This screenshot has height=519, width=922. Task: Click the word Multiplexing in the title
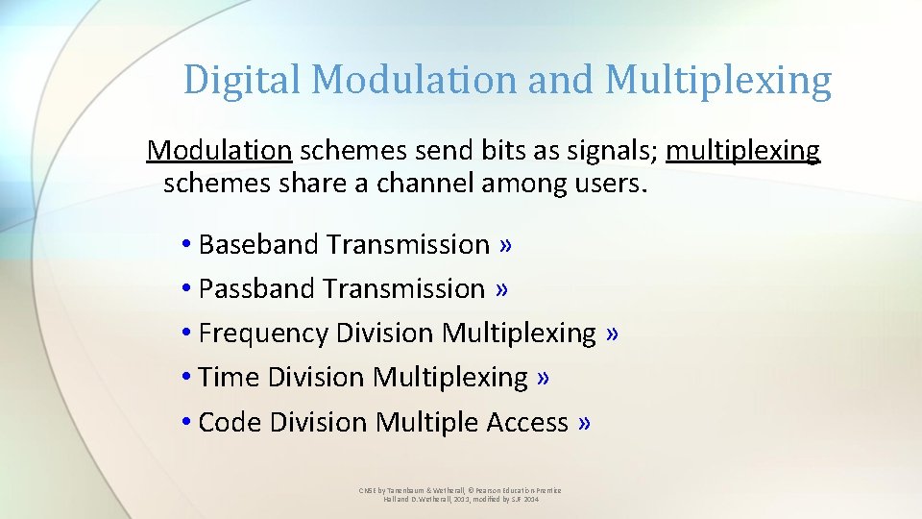[x=717, y=80]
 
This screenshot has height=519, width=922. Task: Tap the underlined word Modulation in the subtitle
[x=219, y=151]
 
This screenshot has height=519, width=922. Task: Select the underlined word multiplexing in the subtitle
[x=743, y=151]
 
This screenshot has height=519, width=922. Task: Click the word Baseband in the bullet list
[x=258, y=245]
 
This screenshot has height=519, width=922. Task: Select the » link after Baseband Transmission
[x=506, y=245]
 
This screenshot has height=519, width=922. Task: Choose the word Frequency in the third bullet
[x=263, y=334]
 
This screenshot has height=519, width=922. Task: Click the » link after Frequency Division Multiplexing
[x=613, y=334]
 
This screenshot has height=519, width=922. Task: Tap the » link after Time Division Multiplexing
[x=545, y=378]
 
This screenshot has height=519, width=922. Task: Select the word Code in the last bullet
[x=230, y=423]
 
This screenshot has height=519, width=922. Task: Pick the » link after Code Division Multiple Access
[x=585, y=423]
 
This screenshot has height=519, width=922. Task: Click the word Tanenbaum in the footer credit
[x=403, y=490]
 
